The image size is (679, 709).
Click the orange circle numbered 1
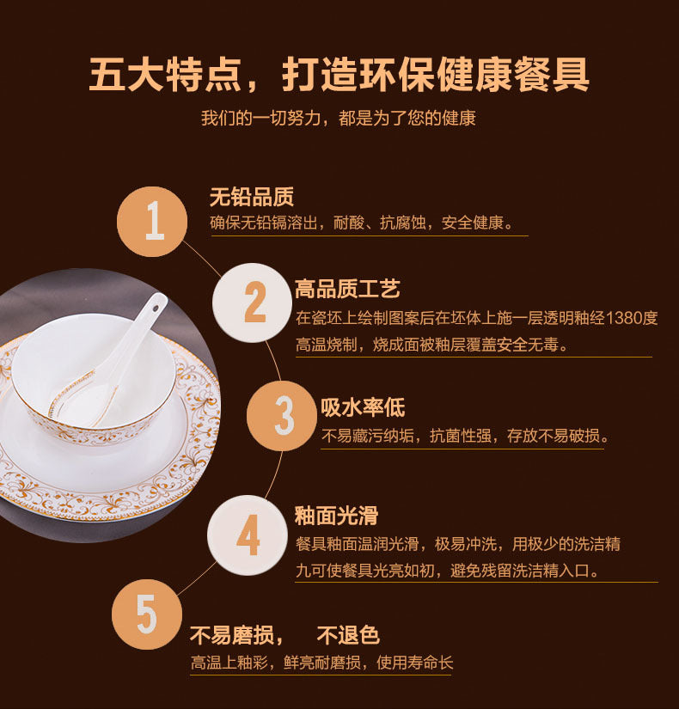point(152,221)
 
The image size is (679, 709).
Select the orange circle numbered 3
point(282,416)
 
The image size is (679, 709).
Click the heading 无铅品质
point(251,197)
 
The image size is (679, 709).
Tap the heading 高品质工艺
point(347,289)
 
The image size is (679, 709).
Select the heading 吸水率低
point(363,407)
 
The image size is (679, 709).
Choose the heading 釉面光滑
point(336,516)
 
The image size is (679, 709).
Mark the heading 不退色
point(348,636)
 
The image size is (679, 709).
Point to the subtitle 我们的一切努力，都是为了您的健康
point(339,118)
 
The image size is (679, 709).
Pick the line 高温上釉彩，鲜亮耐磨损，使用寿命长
point(321,663)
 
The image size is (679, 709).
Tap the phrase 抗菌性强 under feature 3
point(462,437)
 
